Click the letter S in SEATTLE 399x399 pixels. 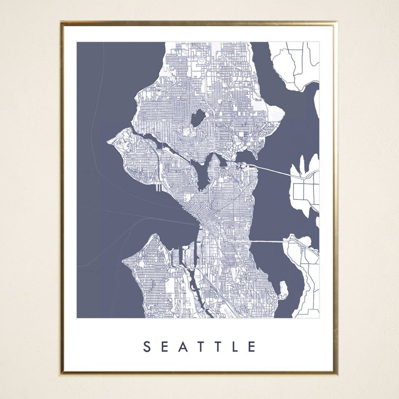(x=146, y=347)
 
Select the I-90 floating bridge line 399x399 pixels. (x=267, y=241)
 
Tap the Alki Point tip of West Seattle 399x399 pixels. (x=124, y=260)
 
